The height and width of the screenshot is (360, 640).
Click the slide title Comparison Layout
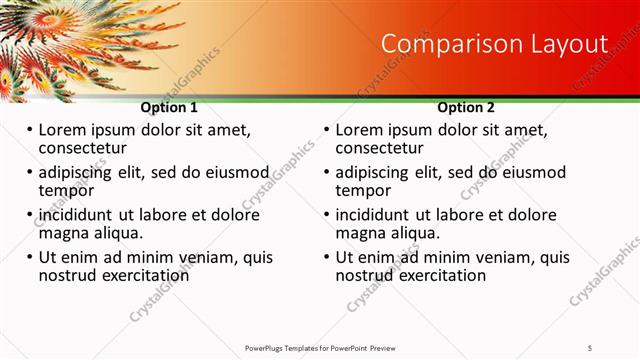point(495,44)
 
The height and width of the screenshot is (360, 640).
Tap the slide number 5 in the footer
point(590,347)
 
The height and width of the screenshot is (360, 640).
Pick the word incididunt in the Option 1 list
point(78,215)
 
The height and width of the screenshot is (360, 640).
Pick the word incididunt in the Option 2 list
point(376,215)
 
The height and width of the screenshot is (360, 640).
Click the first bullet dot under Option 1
point(30,131)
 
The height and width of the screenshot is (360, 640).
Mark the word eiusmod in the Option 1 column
point(238,172)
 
